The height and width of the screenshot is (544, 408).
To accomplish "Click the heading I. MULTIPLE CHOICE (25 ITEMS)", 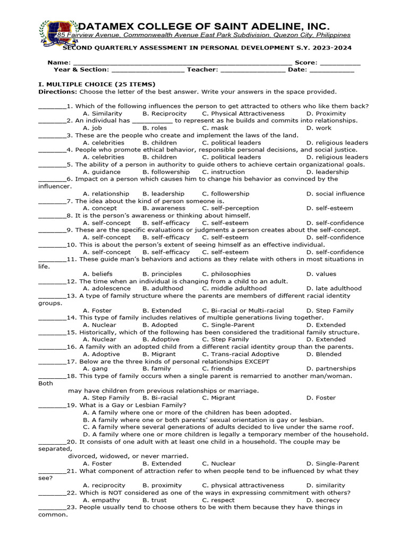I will click(x=97, y=84).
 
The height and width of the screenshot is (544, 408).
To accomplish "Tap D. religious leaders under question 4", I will click(x=337, y=157).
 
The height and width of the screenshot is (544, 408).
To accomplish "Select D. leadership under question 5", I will click(x=328, y=172).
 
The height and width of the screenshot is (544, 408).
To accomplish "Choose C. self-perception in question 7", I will click(x=231, y=208).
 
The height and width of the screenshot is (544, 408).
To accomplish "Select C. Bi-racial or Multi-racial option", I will click(x=243, y=310).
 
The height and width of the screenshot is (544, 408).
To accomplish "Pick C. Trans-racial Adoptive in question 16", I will click(x=240, y=354).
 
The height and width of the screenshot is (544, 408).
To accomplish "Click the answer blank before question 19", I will click(x=52, y=405).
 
